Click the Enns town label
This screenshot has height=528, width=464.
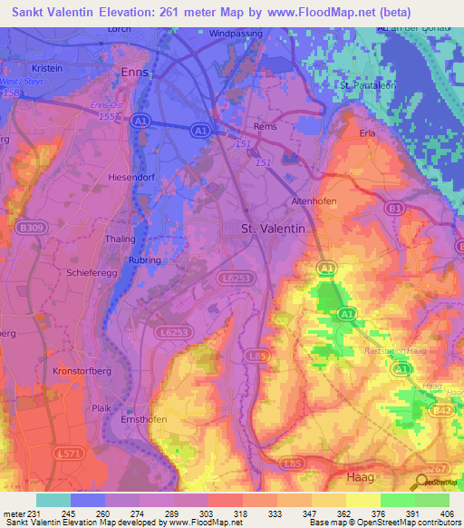(134, 72)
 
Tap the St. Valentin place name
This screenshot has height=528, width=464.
(272, 230)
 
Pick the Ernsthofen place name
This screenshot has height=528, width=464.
(144, 420)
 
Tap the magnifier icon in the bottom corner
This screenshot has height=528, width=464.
(421, 484)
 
